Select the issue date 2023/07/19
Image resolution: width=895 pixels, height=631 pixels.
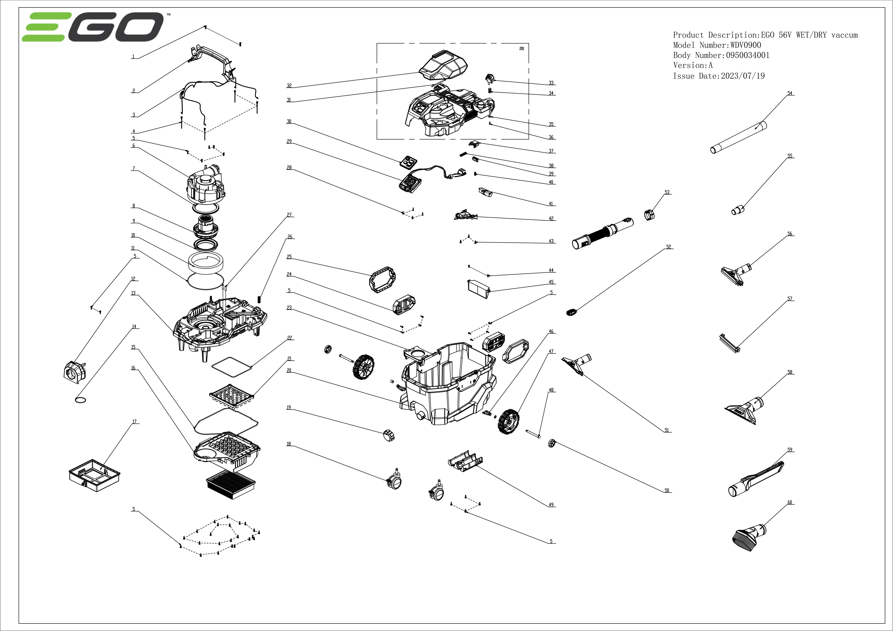743,76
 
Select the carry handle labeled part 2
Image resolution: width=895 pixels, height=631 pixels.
212,60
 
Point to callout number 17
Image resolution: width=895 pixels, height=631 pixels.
134,422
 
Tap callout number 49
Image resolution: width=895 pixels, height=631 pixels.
551,505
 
